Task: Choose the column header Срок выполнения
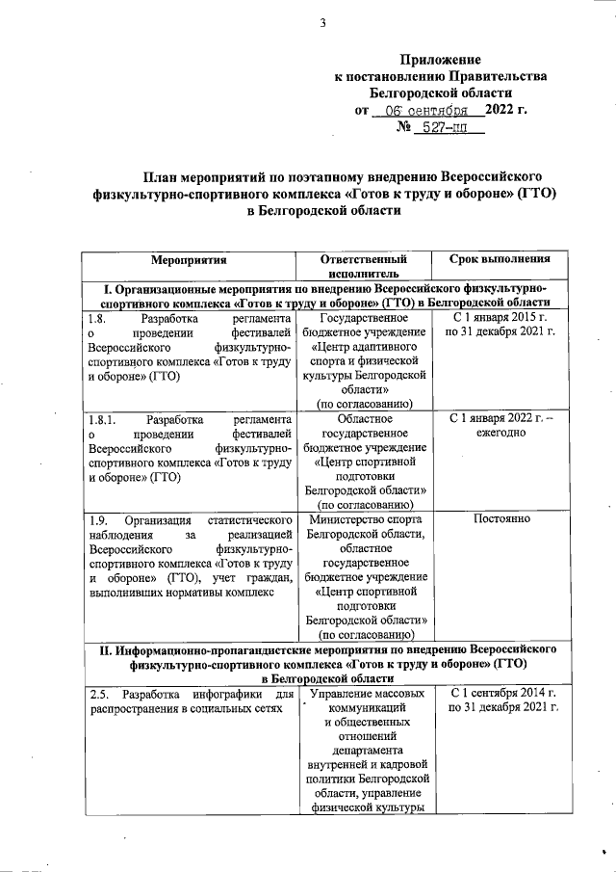point(500,259)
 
